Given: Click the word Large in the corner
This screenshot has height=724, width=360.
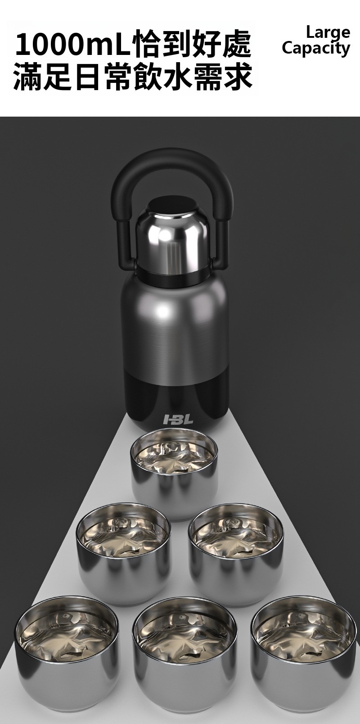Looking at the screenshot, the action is (x=328, y=33).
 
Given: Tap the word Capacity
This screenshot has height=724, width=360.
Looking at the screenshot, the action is (x=316, y=49).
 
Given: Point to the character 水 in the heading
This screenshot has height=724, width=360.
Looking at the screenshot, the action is (x=178, y=76).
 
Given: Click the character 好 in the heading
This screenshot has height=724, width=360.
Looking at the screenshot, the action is (x=207, y=44).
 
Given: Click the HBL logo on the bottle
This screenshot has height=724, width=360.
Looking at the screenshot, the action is (x=178, y=419).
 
